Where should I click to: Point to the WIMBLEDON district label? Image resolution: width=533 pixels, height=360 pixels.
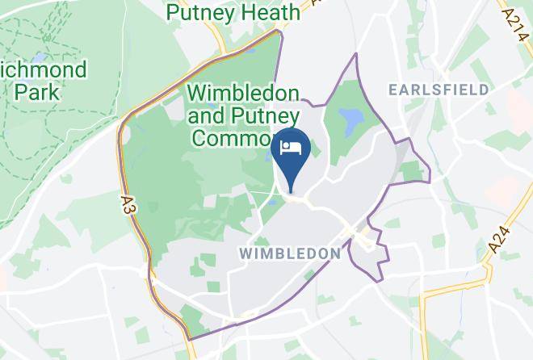point(291,253)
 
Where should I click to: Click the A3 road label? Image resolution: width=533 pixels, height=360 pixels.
point(131,203)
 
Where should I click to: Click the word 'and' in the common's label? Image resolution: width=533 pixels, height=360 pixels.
point(207,116)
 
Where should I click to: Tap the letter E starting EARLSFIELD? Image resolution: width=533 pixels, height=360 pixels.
point(393,89)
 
